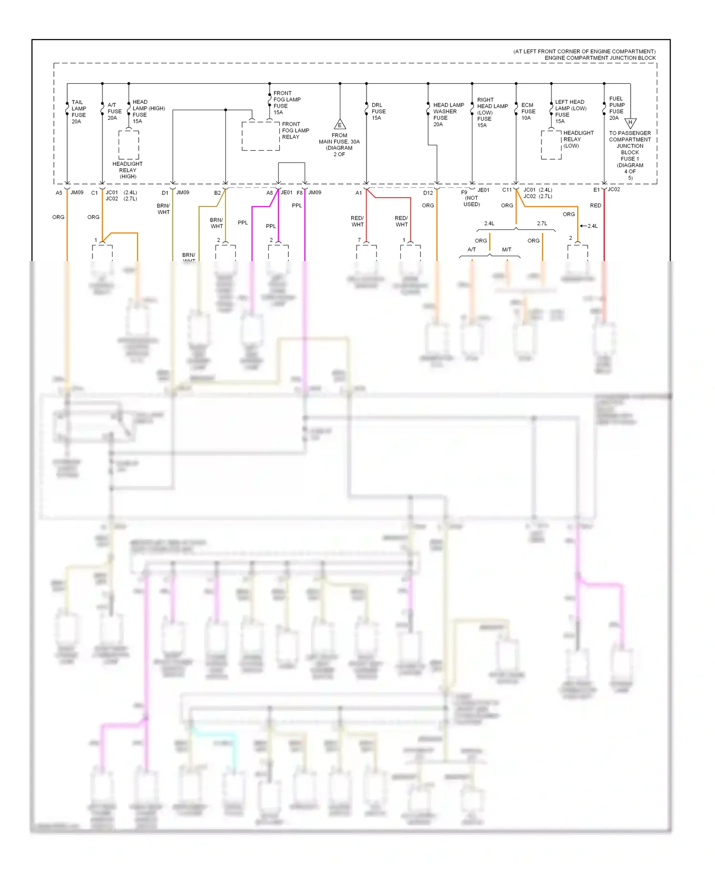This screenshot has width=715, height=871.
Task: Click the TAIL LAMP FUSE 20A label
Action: (79, 112)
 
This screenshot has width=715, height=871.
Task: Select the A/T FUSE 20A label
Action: (114, 111)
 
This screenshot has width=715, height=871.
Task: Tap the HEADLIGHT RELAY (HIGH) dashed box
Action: (129, 145)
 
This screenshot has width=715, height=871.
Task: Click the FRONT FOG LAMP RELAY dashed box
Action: (260, 136)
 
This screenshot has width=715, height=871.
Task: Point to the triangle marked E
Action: (339, 125)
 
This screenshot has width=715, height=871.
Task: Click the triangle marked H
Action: (630, 123)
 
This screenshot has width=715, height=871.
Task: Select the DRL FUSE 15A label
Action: (378, 111)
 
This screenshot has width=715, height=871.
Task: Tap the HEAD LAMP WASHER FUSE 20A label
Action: (448, 114)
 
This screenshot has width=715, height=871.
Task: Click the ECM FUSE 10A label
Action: (528, 111)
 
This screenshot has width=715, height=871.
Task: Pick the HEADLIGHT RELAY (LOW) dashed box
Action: (551, 145)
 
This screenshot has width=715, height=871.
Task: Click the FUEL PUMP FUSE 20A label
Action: (616, 108)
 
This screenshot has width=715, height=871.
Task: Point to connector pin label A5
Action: (59, 193)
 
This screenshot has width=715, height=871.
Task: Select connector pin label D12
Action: (428, 193)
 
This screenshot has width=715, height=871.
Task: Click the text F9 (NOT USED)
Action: (470, 198)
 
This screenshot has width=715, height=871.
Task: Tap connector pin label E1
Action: (596, 190)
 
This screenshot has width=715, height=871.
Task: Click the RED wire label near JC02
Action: (595, 205)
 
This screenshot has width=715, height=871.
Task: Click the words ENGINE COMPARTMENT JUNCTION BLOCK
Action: (600, 58)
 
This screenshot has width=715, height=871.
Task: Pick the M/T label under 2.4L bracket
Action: (506, 250)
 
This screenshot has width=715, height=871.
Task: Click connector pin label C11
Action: (507, 190)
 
